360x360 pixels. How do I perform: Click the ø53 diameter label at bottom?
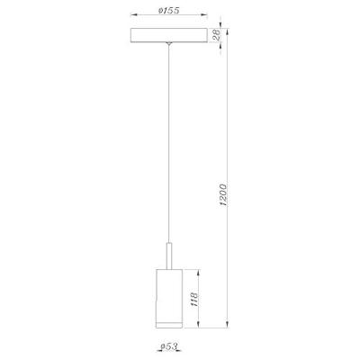point(165,346)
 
